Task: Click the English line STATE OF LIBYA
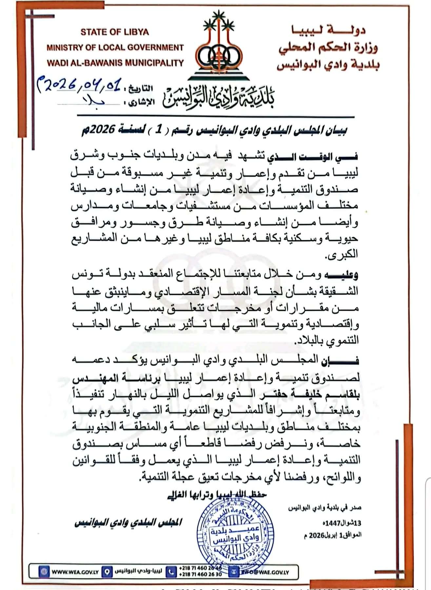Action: coord(114,32)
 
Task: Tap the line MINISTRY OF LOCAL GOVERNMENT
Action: coord(115,48)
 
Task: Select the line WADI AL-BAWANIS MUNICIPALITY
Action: coord(115,63)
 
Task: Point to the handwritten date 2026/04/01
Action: coord(81,86)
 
